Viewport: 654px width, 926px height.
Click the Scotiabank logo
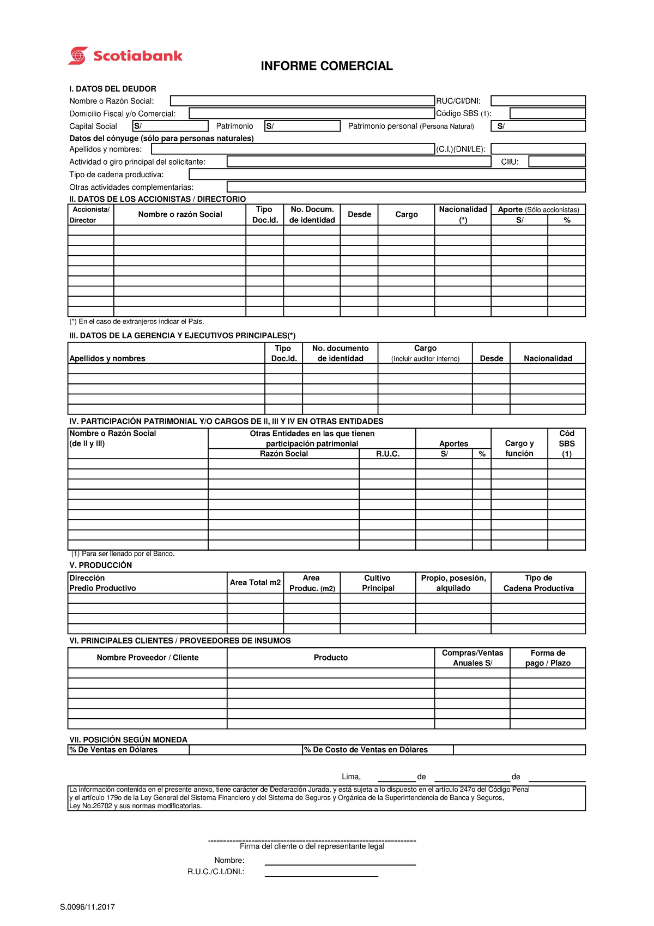click(x=125, y=56)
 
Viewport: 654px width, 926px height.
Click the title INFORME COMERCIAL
click(x=326, y=66)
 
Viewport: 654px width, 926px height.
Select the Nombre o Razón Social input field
click(x=302, y=101)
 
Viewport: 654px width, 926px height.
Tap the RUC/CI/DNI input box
click(x=538, y=101)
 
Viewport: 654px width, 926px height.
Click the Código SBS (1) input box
click(x=547, y=113)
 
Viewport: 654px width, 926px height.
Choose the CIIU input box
click(x=556, y=161)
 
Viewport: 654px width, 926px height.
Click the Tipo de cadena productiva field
click(x=387, y=174)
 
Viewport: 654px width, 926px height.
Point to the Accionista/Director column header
click(x=90, y=214)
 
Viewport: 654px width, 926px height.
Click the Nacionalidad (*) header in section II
click(x=463, y=214)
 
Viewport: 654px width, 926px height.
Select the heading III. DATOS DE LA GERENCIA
click(x=182, y=335)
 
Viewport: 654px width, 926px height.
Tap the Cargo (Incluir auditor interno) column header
click(x=425, y=353)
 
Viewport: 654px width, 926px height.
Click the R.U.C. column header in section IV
click(x=387, y=454)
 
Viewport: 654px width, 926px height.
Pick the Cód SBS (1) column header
click(x=566, y=443)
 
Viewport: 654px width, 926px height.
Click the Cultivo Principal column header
click(x=378, y=582)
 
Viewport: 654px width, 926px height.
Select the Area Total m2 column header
click(x=255, y=582)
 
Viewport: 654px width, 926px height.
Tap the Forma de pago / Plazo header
click(x=548, y=658)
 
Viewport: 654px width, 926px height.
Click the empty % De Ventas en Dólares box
click(x=245, y=750)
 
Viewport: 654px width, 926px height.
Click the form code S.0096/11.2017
click(x=87, y=907)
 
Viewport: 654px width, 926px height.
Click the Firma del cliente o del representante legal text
click(x=312, y=846)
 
